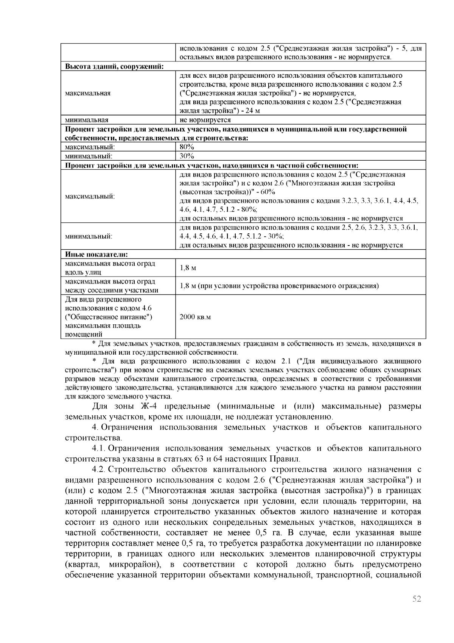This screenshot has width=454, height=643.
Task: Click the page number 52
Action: point(417,599)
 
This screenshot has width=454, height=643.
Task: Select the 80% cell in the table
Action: point(187,147)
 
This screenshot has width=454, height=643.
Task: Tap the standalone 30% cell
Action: point(187,156)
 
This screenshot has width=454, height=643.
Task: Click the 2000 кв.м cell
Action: point(195,317)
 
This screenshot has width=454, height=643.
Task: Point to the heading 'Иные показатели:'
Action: point(96,254)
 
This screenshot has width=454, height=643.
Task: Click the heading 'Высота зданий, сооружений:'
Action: point(114,67)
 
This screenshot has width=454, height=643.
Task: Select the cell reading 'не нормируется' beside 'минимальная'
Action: point(205,120)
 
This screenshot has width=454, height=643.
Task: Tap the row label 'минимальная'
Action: point(87,120)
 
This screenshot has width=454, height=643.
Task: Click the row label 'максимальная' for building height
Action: point(88,93)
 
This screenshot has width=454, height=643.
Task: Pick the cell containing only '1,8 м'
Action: point(188,268)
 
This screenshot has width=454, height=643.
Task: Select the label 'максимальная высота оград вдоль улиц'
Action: point(110,268)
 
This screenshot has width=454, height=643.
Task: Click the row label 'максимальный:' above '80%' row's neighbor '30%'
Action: point(90,147)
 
